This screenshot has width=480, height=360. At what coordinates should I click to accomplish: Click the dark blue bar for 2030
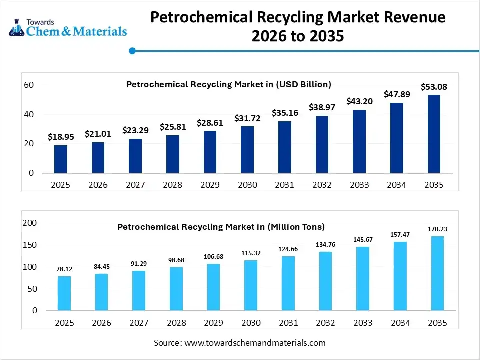pos(247,149)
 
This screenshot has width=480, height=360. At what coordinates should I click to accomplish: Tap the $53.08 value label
pos(434,87)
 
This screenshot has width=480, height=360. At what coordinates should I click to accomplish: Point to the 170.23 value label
pos(437,229)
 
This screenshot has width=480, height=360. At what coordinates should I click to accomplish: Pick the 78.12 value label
pos(64,269)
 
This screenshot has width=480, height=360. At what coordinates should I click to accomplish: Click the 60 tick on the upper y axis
pos(29,85)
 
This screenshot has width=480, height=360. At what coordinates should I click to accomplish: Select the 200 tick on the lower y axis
pos(30,223)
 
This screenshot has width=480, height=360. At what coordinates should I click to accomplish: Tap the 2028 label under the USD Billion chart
pos(172,185)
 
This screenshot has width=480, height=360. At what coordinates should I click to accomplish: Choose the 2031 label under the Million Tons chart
pos(288,323)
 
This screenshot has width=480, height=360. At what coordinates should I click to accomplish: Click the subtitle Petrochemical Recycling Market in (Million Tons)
pos(221,227)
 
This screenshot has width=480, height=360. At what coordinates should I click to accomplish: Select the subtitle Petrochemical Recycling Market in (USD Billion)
pos(229,84)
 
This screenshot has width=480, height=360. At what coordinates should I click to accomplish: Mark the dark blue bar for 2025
pos(61,159)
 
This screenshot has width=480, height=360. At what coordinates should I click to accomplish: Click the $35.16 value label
pos(285,113)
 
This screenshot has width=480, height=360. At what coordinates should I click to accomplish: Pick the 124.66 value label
pos(288,249)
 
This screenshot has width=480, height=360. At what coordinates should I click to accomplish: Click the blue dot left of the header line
pos(132,50)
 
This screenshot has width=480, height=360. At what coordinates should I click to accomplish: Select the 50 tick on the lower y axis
pos(32,289)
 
